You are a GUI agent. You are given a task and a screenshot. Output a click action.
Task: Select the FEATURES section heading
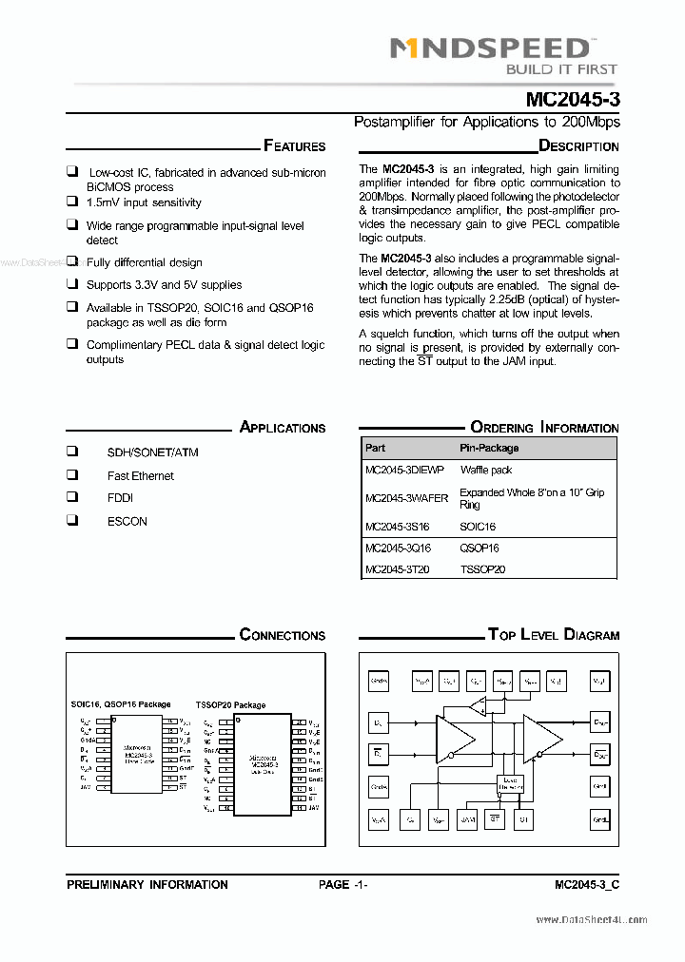click(294, 146)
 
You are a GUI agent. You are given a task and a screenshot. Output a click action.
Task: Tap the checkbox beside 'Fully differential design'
click(72, 261)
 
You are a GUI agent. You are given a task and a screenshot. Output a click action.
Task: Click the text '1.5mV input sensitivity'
click(144, 202)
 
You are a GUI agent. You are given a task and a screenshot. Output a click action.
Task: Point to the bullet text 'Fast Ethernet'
click(141, 475)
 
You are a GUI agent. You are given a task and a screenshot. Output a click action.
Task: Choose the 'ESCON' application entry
click(127, 521)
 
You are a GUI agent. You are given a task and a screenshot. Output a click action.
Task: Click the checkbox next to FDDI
click(72, 497)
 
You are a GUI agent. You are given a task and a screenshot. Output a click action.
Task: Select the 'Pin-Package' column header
click(489, 448)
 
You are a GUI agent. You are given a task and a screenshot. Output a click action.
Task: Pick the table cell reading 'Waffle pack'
click(486, 470)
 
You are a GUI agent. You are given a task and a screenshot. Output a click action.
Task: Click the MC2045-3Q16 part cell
click(398, 548)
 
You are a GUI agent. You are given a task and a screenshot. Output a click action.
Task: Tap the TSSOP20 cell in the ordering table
click(482, 569)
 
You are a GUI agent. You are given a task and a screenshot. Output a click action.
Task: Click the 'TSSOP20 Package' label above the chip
click(230, 705)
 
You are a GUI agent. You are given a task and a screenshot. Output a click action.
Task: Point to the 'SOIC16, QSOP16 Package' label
click(121, 704)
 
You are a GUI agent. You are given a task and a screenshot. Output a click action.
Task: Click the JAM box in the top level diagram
click(467, 818)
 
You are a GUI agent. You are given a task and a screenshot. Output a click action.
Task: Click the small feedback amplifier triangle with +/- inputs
click(477, 706)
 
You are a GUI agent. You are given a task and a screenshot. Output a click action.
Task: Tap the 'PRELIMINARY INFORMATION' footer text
click(147, 884)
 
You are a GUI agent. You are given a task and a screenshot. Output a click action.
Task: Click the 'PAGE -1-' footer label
click(343, 884)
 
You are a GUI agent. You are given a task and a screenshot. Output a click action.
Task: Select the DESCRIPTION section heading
click(578, 146)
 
